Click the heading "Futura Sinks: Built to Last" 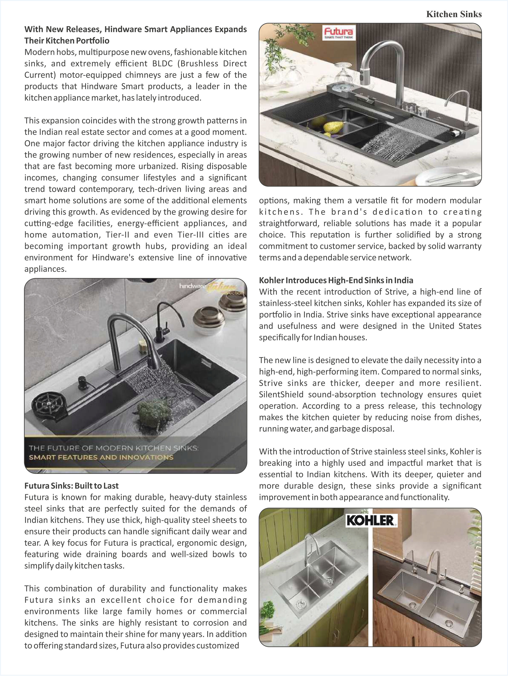tap(72, 486)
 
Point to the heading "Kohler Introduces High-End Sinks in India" tap(336, 280)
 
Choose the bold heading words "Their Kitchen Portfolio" tap(67, 41)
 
